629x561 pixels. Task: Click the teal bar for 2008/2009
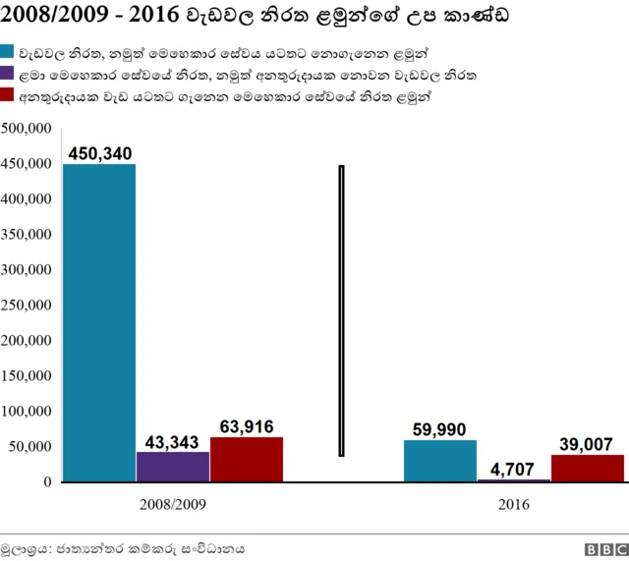pos(99,322)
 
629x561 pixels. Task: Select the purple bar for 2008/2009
pos(173,467)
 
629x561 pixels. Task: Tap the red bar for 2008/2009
pos(247,460)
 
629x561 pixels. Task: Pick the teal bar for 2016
pos(440,461)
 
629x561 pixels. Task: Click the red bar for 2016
pos(588,469)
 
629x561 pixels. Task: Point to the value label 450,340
pos(99,152)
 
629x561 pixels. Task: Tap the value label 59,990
pos(440,429)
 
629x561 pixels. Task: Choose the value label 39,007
pos(588,444)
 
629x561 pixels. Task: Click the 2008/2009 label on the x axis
pos(173,504)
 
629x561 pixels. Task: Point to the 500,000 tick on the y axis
pos(27,129)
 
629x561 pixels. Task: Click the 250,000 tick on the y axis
pos(27,306)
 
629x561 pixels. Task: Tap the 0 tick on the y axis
pos(46,482)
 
